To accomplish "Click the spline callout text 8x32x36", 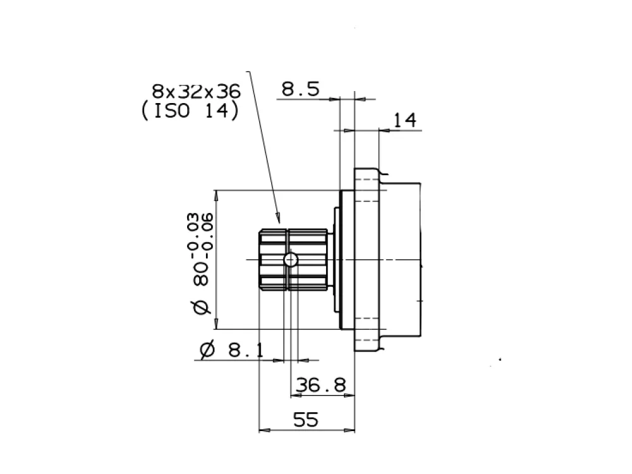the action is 196,92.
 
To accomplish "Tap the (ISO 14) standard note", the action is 190,111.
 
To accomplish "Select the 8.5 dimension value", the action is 300,89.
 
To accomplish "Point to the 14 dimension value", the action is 404,120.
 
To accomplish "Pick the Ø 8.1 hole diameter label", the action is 232,350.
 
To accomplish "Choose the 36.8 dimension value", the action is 321,386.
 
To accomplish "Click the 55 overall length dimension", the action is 305,420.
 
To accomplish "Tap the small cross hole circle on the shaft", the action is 291,260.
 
